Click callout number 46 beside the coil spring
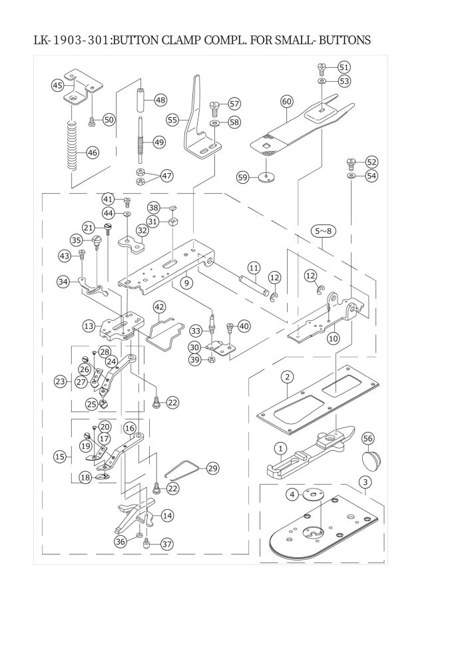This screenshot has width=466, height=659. [92, 152]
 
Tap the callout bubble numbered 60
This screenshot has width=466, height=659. [286, 101]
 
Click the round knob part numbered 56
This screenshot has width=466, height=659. [371, 461]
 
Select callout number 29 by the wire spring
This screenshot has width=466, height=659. [212, 468]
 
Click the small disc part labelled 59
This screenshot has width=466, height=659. [268, 177]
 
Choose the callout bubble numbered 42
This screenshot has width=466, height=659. [159, 307]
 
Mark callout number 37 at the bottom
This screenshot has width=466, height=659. [166, 544]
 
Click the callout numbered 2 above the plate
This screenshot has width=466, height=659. [287, 377]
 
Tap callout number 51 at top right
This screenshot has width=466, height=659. [344, 67]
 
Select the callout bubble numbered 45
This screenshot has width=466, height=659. [58, 85]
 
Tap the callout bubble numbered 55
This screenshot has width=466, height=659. [173, 120]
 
